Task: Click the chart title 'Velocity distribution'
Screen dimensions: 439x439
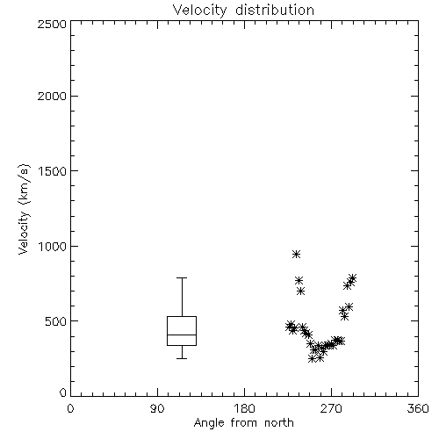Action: point(243,11)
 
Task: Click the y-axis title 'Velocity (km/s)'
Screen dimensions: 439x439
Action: point(24,209)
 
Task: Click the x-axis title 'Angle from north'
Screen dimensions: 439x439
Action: point(243,423)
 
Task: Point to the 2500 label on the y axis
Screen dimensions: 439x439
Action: point(52,24)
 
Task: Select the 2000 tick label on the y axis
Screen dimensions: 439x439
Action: point(52,96)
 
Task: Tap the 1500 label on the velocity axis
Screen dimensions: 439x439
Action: point(53,171)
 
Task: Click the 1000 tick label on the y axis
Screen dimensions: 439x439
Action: point(53,247)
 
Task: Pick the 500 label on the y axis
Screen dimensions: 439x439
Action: point(56,321)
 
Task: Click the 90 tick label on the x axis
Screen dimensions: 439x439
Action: point(157,408)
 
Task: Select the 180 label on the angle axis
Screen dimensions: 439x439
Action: point(244,408)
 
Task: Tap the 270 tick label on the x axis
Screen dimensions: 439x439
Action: point(331,408)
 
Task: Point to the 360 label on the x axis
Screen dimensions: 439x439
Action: point(418,408)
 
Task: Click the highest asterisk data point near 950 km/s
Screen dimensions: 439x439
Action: point(296,254)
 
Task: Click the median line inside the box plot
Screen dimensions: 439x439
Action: point(182,335)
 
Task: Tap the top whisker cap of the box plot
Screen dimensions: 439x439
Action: point(182,277)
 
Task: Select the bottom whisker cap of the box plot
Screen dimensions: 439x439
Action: point(182,358)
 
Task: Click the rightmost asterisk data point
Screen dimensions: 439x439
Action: point(352,277)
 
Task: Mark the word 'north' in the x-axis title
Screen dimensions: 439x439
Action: point(279,423)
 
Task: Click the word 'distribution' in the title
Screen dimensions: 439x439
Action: point(275,11)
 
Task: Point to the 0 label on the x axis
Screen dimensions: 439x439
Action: point(70,408)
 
